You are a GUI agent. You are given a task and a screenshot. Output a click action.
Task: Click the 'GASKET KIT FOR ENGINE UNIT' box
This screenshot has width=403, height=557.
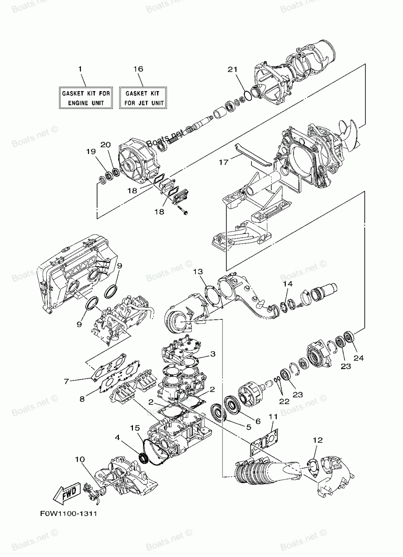tap(85, 98)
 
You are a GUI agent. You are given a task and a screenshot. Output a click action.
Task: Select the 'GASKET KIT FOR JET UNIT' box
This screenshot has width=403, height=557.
tap(143, 98)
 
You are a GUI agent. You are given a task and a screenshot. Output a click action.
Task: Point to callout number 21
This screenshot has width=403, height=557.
tap(232, 69)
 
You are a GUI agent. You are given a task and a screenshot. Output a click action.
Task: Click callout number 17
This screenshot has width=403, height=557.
tap(224, 162)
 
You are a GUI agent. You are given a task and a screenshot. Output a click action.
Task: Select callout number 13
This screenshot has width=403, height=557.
tap(198, 272)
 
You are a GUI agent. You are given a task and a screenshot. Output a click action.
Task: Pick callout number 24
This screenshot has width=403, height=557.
tap(359, 357)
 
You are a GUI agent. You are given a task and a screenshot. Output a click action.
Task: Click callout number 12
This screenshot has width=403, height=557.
tap(318, 440)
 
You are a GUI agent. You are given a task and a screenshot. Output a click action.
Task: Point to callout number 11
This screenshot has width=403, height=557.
tap(273, 416)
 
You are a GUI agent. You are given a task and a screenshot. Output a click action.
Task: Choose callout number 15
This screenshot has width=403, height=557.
tap(135, 428)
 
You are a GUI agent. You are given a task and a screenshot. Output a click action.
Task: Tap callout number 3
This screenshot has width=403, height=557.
tap(212, 354)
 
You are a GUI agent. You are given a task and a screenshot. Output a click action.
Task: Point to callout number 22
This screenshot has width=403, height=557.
tap(285, 401)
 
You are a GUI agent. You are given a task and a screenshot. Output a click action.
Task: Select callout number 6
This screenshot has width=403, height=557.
tap(258, 421)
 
